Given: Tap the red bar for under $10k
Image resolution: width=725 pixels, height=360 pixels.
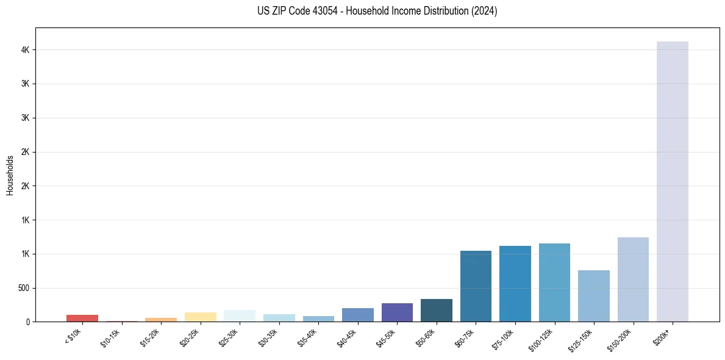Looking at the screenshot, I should [x=82, y=318].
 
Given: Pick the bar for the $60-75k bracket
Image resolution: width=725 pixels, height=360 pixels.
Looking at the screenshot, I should [x=476, y=286].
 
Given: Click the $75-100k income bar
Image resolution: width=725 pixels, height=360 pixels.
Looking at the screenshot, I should [x=515, y=284].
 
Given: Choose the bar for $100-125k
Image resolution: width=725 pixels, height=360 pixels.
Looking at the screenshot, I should [x=554, y=283].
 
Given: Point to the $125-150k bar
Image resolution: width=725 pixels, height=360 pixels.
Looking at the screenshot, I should [x=594, y=296].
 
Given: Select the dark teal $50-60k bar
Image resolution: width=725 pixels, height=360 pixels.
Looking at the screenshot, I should [x=437, y=310].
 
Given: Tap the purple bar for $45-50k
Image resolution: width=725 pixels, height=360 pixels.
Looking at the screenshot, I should [x=397, y=312].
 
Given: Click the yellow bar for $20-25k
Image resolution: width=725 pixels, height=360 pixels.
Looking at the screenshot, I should [x=200, y=317].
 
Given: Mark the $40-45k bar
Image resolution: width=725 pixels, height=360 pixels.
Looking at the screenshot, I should [x=358, y=315].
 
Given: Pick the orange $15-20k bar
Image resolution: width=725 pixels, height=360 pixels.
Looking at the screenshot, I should [x=161, y=319].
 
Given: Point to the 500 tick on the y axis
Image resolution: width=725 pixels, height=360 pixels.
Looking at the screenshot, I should [x=23, y=288].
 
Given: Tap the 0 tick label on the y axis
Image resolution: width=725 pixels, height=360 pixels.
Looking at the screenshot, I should [x=28, y=322].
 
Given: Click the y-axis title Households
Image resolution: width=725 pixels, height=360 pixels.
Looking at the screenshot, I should [x=10, y=175].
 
